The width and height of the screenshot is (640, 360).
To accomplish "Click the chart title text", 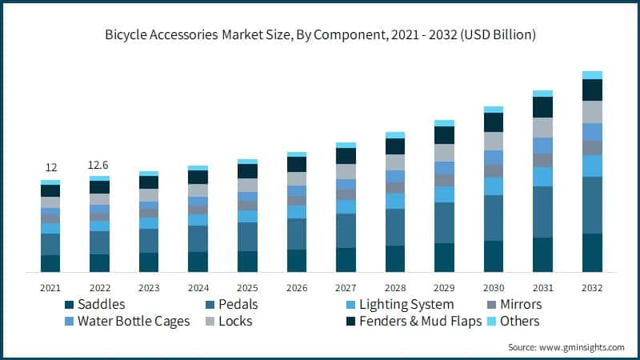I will click(320, 35).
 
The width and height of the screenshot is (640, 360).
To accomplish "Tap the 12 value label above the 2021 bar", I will click(50, 167).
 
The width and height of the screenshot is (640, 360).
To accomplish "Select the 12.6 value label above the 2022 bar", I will click(99, 164).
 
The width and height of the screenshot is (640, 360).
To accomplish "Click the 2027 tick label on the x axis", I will click(346, 287).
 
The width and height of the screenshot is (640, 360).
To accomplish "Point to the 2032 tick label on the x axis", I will click(592, 287).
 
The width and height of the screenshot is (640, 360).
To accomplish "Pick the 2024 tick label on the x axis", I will click(198, 287).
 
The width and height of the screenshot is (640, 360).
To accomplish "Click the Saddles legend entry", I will click(101, 304).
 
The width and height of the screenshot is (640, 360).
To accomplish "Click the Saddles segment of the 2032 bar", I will click(592, 253).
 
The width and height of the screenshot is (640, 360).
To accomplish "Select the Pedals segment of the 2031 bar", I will click(543, 212).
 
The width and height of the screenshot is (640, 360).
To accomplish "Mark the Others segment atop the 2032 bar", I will click(592, 75).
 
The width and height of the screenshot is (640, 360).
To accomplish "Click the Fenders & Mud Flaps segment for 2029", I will click(444, 135).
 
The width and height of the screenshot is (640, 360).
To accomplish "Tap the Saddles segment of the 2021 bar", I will click(50, 263).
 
